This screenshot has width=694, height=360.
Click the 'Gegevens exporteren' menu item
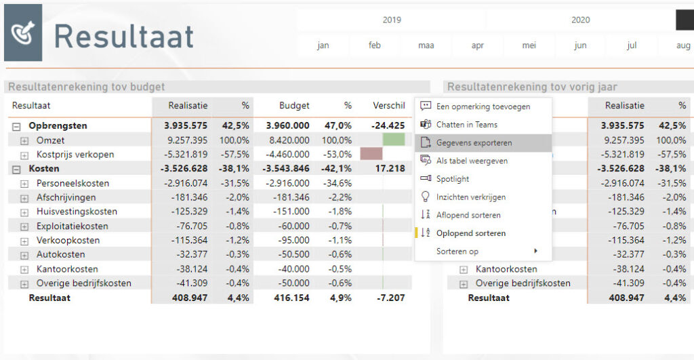coord(474,143)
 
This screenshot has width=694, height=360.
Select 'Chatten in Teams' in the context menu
coord(466,125)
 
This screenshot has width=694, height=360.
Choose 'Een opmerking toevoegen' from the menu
coord(483,106)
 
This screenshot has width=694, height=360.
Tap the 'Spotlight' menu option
coord(452,179)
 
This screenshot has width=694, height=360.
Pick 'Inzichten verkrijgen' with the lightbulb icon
coord(470,197)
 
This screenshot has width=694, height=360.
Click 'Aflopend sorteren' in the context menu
coord(468,215)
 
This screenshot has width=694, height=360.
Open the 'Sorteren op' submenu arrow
coord(535,252)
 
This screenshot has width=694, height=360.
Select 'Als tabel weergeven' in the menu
coord(472,161)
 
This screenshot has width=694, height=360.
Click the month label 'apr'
coord(478,46)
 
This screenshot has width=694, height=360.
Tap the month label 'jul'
coord(632,46)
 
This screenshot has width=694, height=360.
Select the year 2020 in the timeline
coord(580,20)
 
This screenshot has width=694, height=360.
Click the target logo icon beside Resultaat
coord(23,33)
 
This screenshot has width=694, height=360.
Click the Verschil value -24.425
coord(388,126)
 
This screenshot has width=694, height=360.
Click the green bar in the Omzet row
coord(393,140)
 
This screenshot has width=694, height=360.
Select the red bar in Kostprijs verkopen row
coord(371,154)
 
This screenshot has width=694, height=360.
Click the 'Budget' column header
coord(294,106)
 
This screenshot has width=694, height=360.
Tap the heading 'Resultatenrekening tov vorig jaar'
coord(532,87)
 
